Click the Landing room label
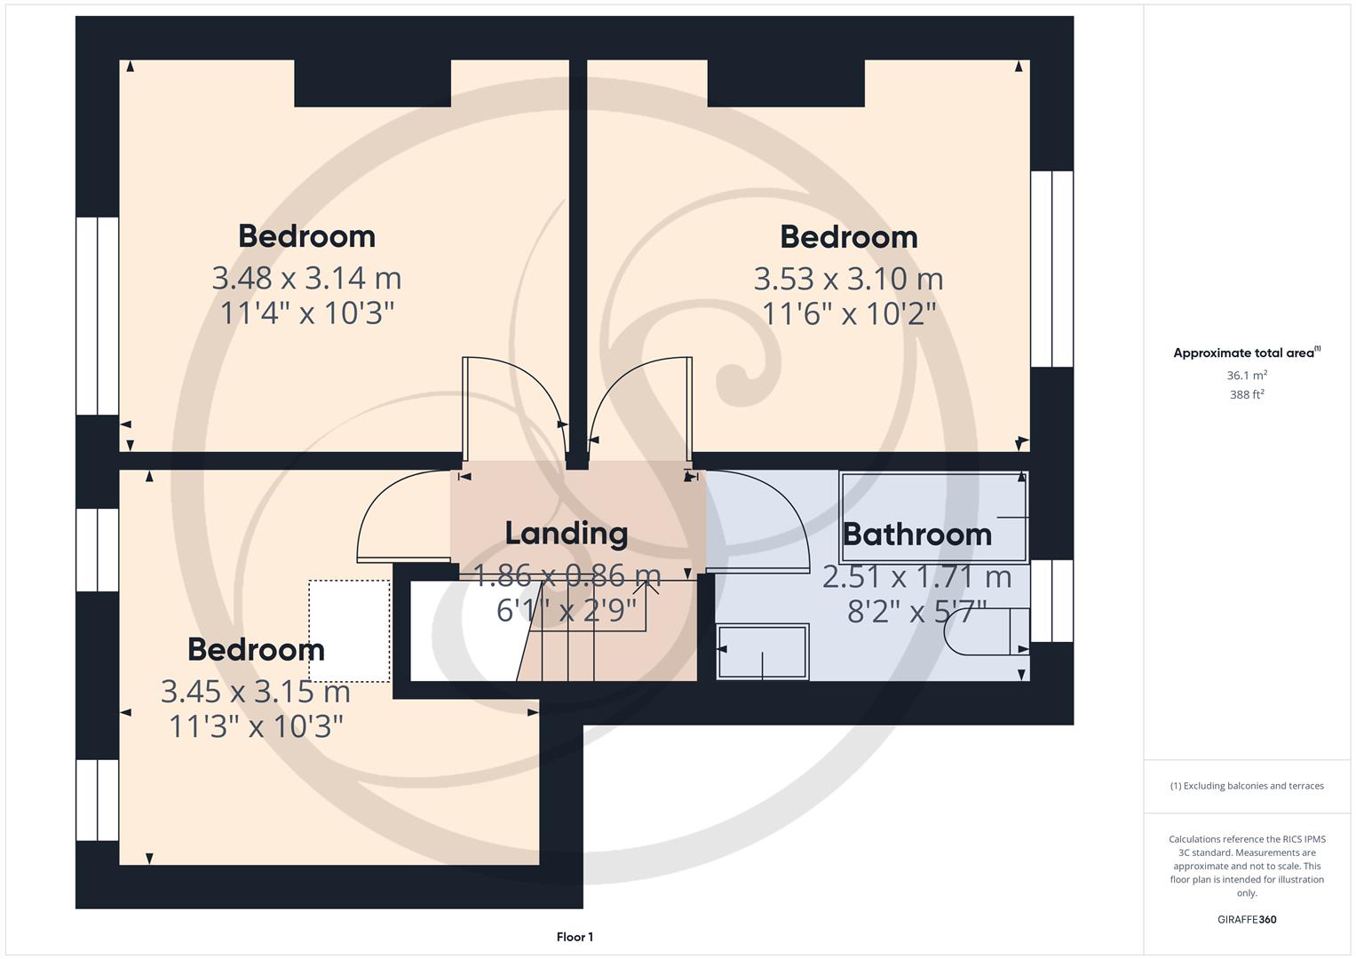pos(567,533)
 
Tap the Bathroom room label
pos(916,535)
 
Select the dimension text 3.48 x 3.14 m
pos(306,279)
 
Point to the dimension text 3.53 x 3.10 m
pos(848,279)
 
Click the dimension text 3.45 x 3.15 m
pos(256,691)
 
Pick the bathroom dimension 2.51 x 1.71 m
pos(916,577)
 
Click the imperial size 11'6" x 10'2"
pos(849,313)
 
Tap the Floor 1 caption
pos(575,937)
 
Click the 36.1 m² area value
pos(1247,376)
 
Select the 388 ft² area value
pos(1247,395)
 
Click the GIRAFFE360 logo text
pos(1247,919)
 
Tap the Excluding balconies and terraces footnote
pos(1247,786)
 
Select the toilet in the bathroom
pos(986,631)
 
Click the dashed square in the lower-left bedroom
pos(349,630)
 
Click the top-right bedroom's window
pos(1052,269)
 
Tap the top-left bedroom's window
pos(97,316)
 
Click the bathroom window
pos(1052,600)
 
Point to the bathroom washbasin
pos(763,652)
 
